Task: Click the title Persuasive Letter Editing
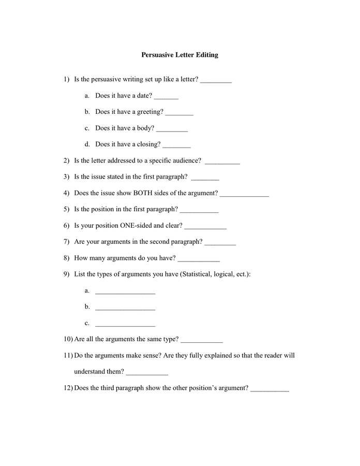click(x=179, y=55)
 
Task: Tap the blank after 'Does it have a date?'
click(x=166, y=97)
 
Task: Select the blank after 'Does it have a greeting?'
click(x=179, y=113)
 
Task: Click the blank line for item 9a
click(x=125, y=293)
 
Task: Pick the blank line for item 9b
click(x=125, y=309)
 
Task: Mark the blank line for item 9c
click(x=125, y=325)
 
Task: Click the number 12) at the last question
click(x=68, y=388)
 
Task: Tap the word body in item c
click(x=146, y=128)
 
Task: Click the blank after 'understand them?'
click(x=147, y=373)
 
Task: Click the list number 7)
click(x=66, y=242)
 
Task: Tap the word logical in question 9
click(x=223, y=274)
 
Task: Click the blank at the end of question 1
click(x=216, y=81)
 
